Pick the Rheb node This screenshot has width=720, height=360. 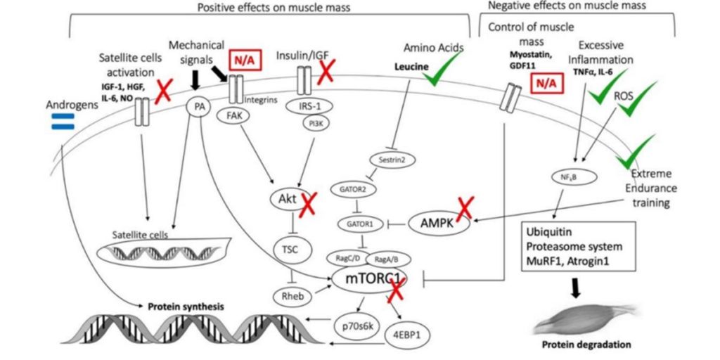coord(289,296)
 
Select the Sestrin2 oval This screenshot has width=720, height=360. coord(389,160)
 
